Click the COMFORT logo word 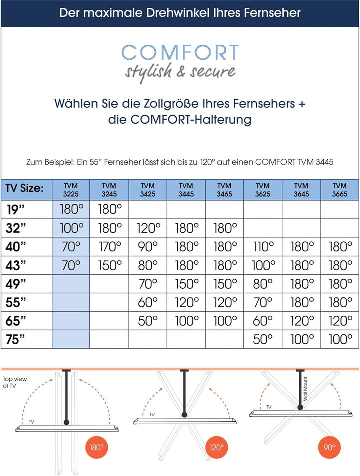(180, 53)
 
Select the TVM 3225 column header (71, 189)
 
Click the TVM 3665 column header (340, 189)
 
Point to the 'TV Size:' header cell (25, 189)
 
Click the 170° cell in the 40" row (109, 246)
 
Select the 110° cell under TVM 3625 (263, 246)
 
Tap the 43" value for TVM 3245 (109, 265)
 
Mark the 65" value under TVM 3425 (148, 321)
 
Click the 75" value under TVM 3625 (263, 339)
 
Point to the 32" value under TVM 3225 (71, 228)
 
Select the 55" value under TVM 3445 (186, 302)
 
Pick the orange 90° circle (330, 447)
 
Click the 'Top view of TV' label (11, 383)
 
